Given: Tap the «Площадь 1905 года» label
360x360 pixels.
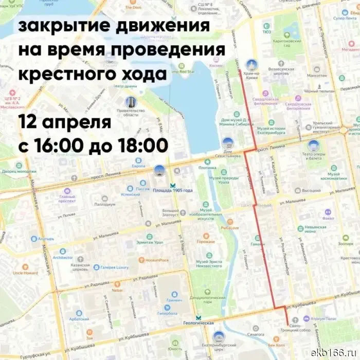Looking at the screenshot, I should click(173, 190).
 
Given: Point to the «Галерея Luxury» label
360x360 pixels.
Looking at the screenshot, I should click(114, 267).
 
